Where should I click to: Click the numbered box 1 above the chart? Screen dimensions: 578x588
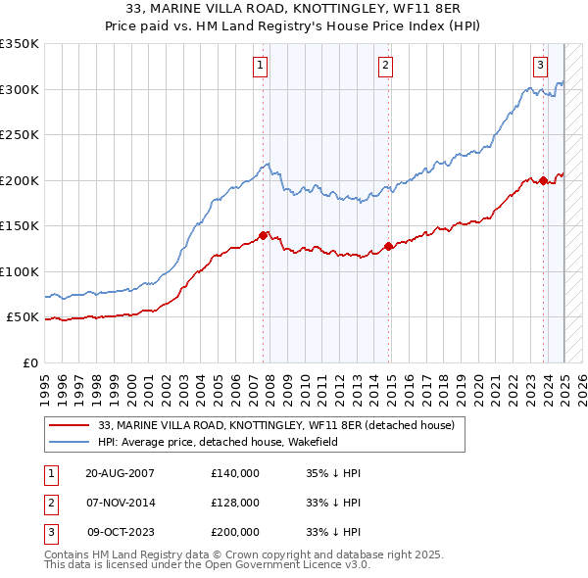261,66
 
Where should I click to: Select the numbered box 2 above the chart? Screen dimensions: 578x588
386,66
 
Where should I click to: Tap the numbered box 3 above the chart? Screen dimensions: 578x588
540,66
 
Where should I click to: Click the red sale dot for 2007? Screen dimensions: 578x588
264,235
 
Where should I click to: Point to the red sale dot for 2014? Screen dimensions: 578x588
389,246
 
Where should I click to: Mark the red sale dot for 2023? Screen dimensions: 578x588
543,180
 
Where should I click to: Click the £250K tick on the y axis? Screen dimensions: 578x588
20,135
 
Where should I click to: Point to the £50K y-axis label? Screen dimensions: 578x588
24,317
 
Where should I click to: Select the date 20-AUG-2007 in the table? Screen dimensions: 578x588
120,473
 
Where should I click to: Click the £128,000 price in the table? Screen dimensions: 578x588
234,503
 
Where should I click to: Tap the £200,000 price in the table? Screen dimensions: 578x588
234,532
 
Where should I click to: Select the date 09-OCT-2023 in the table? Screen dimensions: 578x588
121,532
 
